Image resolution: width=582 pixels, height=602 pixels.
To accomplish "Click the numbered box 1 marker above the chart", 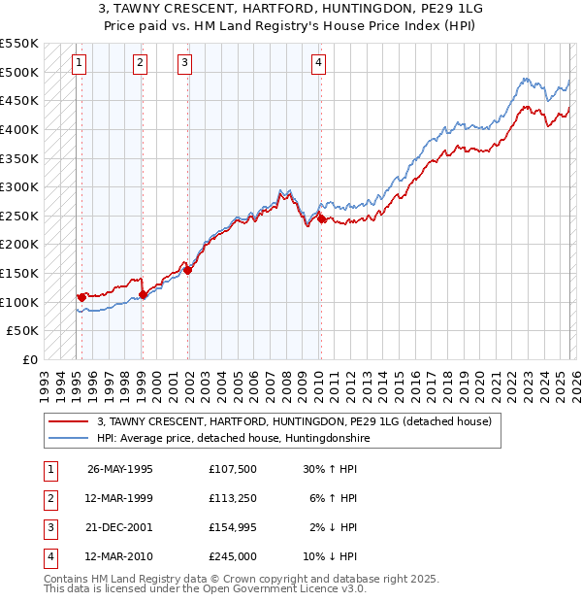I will [x=79, y=64].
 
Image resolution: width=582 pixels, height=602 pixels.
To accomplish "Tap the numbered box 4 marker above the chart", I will [x=318, y=64].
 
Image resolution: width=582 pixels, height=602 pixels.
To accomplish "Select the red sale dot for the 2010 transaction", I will [x=321, y=218].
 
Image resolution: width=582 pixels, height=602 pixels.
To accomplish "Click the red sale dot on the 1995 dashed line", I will [x=81, y=297].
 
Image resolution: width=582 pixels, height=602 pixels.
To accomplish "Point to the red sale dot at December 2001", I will [x=188, y=270].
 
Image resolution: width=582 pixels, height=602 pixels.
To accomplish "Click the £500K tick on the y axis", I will [x=19, y=72].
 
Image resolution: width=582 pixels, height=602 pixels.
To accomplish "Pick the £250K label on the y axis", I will [x=19, y=216].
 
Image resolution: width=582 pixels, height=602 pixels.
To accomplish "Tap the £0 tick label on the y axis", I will [x=29, y=359].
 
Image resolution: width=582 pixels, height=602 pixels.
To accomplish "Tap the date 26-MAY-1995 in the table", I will [x=119, y=468].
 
